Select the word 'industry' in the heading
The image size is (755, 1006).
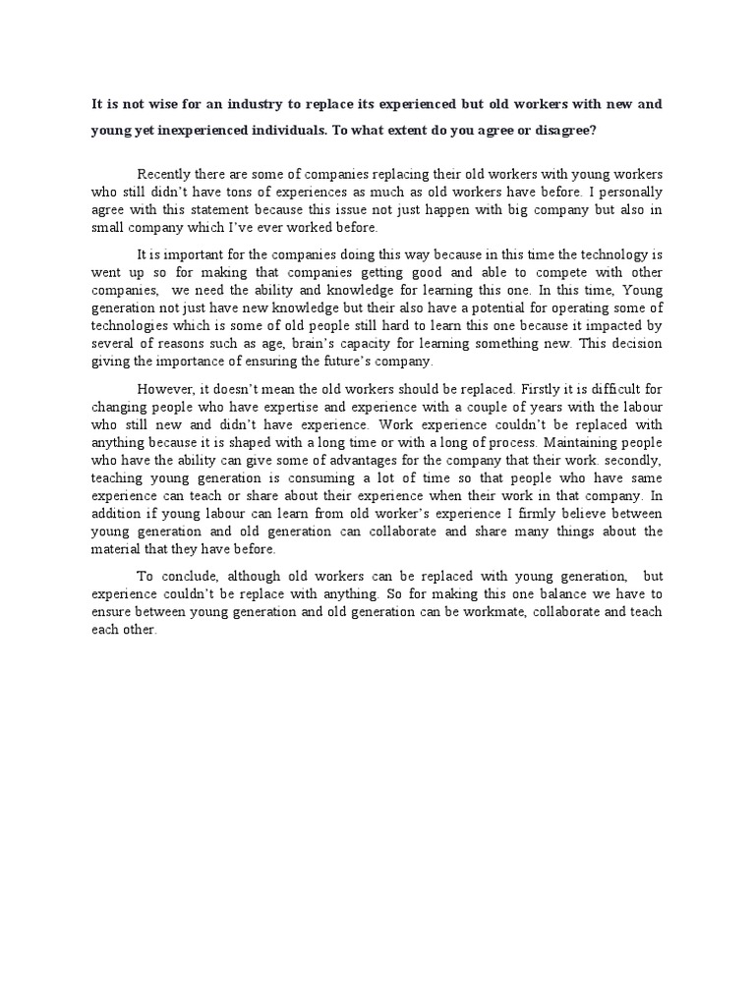[265, 102]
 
